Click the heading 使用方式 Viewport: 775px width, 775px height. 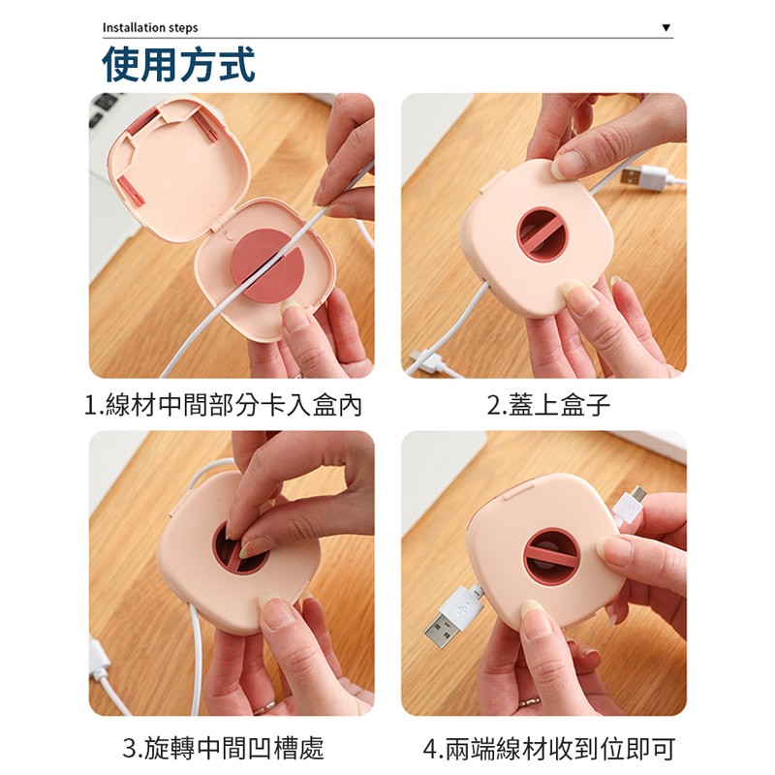tap(178, 64)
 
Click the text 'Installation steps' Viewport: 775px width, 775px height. tap(150, 28)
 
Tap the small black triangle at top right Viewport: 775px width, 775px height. tap(666, 28)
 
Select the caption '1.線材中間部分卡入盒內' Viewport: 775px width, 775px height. tap(223, 405)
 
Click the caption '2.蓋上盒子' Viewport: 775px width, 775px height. tap(548, 405)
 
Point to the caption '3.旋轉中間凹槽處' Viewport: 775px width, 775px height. tap(223, 748)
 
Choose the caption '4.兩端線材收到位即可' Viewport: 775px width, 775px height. tap(548, 748)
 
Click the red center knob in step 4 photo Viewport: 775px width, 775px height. tap(550, 556)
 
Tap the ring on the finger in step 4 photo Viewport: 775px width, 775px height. tap(529, 700)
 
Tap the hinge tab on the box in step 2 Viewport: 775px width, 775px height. tap(491, 183)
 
